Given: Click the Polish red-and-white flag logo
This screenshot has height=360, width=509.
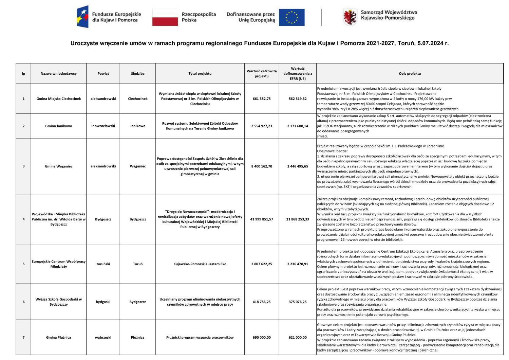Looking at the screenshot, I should [x=165, y=17].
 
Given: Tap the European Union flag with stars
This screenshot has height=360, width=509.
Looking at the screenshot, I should [x=291, y=17].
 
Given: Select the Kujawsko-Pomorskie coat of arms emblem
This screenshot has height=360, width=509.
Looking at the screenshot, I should [x=350, y=17].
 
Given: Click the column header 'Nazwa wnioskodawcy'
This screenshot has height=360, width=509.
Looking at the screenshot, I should [x=59, y=74].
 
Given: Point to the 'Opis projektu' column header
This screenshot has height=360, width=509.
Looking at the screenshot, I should [x=410, y=74].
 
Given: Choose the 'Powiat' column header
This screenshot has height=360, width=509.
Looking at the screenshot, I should [x=103, y=74].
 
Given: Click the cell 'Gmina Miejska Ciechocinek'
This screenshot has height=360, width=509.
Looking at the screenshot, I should [x=59, y=99].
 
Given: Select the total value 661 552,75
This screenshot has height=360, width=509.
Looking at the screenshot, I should [x=262, y=99].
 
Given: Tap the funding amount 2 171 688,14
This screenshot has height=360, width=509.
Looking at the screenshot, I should [x=298, y=126].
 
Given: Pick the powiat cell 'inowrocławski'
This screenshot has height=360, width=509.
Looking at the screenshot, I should [x=103, y=126].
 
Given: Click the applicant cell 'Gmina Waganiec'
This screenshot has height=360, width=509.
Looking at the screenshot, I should [x=59, y=166].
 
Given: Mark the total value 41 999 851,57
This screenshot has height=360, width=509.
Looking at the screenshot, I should [x=262, y=219].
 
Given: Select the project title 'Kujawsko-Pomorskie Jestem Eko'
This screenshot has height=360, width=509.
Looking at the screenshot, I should [x=200, y=264].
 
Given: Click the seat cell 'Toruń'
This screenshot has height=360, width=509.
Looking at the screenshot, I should [x=138, y=264].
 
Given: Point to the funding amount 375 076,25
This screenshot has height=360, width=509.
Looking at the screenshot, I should [x=298, y=302].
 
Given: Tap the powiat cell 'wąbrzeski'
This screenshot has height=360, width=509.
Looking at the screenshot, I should [x=103, y=338].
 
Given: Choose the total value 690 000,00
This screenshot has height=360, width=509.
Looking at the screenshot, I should [x=262, y=338].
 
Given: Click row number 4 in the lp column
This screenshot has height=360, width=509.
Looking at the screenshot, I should [x=23, y=219].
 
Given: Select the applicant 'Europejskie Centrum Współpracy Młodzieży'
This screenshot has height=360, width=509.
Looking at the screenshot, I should [x=59, y=264].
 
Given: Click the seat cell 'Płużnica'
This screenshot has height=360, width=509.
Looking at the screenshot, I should [x=138, y=338].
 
